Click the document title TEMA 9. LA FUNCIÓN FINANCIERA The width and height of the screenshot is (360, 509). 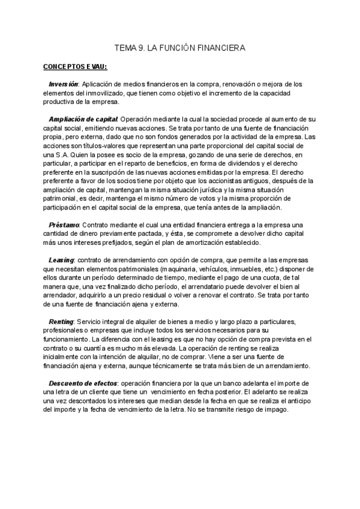[180, 46]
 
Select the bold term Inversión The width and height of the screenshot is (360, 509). [63, 83]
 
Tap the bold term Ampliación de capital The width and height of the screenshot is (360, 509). [83, 119]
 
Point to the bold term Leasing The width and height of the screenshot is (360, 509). [61, 260]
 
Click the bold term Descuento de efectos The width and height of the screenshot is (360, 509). [83, 382]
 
